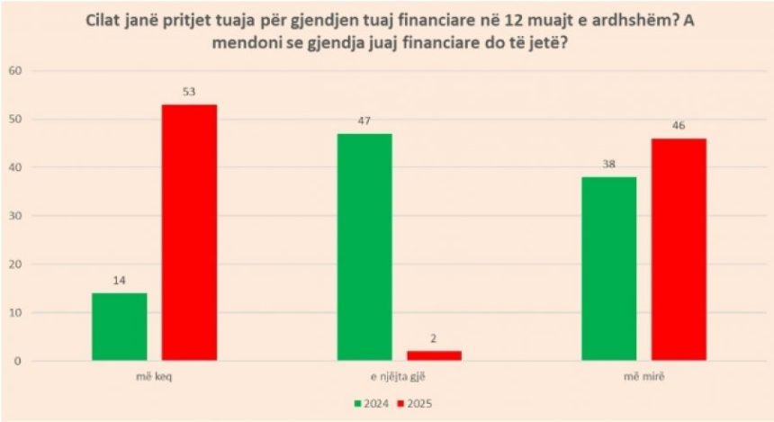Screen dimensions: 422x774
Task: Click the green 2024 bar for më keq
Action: click(x=120, y=327)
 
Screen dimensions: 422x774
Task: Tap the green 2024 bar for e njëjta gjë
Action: click(x=364, y=247)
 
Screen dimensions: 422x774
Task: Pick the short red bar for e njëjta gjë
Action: click(x=434, y=355)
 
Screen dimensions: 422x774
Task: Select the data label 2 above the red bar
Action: click(x=434, y=339)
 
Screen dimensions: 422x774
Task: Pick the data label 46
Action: click(x=678, y=126)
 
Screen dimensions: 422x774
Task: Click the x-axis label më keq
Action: click(x=155, y=379)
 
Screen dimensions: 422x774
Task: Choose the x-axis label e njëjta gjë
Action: click(x=400, y=379)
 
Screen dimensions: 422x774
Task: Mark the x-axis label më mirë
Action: click(x=643, y=379)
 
